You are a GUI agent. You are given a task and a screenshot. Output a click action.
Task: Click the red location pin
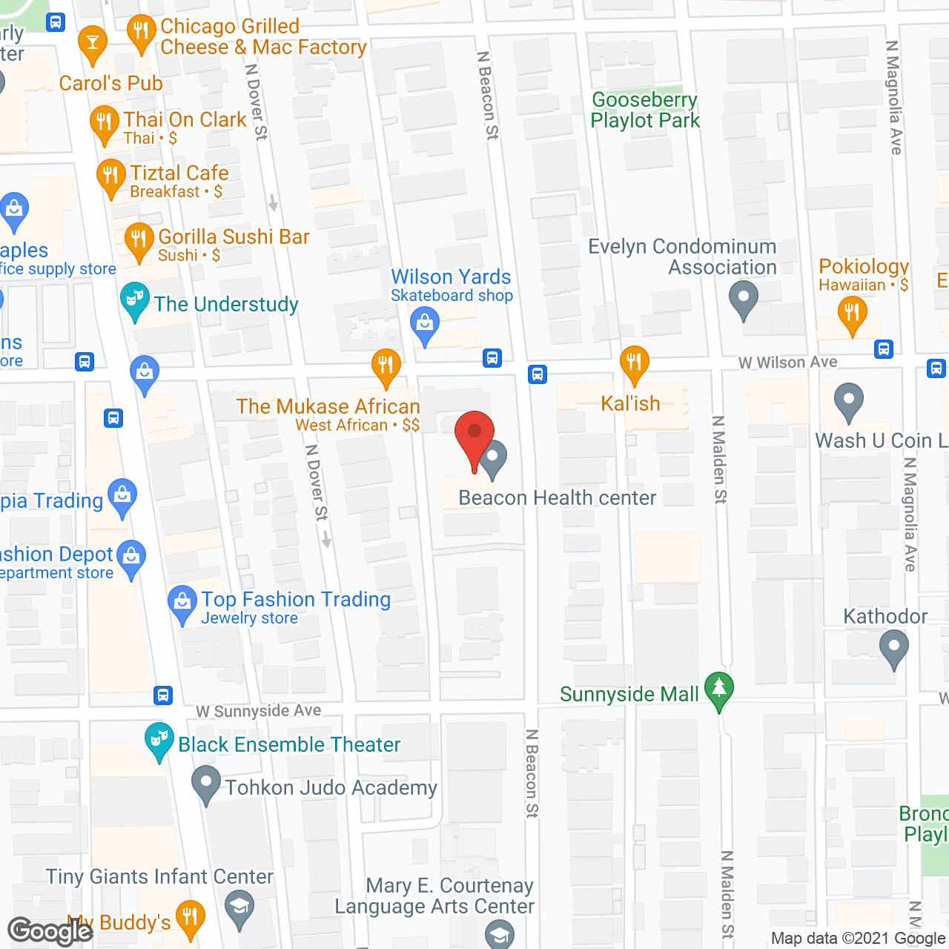(474, 434)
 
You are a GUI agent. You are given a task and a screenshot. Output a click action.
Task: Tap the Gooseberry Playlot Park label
(645, 110)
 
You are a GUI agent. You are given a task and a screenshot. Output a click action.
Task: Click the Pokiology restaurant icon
(852, 313)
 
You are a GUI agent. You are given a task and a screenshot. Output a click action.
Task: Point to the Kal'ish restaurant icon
(634, 363)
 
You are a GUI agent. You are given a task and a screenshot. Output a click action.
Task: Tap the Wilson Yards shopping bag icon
(425, 325)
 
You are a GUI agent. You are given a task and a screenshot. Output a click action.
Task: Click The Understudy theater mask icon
(134, 300)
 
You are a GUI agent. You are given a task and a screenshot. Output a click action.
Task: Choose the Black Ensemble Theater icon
(159, 740)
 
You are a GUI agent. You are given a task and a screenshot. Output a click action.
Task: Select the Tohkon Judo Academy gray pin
(206, 783)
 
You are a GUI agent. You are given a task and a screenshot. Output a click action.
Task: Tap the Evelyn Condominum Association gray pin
(743, 300)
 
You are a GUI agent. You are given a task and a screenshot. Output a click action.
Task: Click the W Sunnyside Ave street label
(259, 712)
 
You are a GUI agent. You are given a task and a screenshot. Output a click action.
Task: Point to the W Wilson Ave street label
(787, 363)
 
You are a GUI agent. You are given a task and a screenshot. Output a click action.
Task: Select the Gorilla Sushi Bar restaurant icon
(139, 240)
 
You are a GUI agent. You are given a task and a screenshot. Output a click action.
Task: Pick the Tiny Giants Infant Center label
(159, 876)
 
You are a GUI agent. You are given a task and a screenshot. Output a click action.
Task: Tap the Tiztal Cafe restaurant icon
(111, 176)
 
